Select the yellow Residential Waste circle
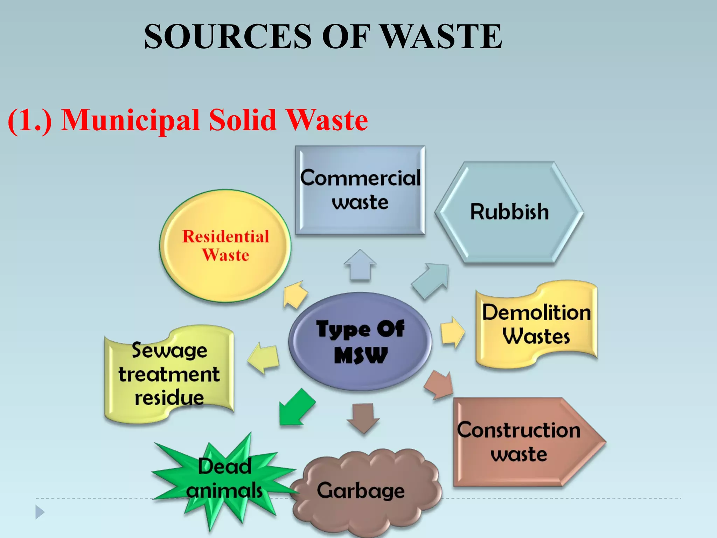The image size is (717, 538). pyautogui.click(x=225, y=246)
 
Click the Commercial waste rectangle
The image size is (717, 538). pyautogui.click(x=360, y=190)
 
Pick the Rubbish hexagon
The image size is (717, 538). pyautogui.click(x=509, y=212)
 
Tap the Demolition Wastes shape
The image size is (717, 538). pyautogui.click(x=536, y=324)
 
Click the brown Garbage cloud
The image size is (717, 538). pyautogui.click(x=364, y=490)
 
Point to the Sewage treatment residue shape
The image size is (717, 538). pyautogui.click(x=169, y=374)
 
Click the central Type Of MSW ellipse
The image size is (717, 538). pyautogui.click(x=360, y=342)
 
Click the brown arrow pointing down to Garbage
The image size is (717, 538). pyautogui.click(x=363, y=418)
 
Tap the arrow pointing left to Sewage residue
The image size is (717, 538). pyautogui.click(x=264, y=358)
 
